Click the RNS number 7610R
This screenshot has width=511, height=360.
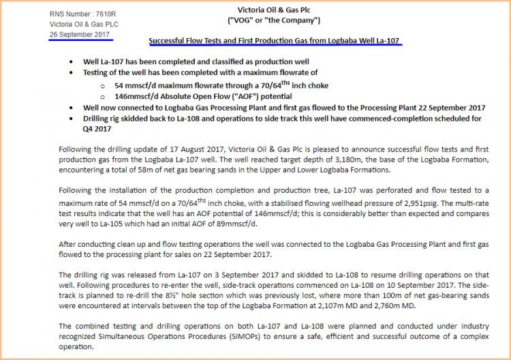coord(106,14)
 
